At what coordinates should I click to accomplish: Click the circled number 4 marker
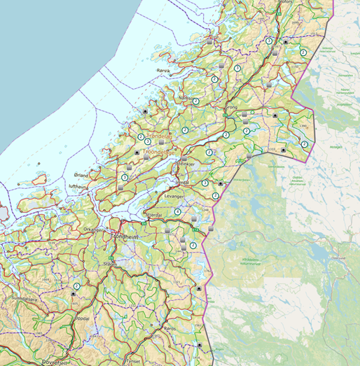(178, 211)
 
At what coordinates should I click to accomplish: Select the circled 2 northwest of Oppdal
(76, 286)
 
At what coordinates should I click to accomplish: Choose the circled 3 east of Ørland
(124, 177)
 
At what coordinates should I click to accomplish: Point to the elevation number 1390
(303, 126)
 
